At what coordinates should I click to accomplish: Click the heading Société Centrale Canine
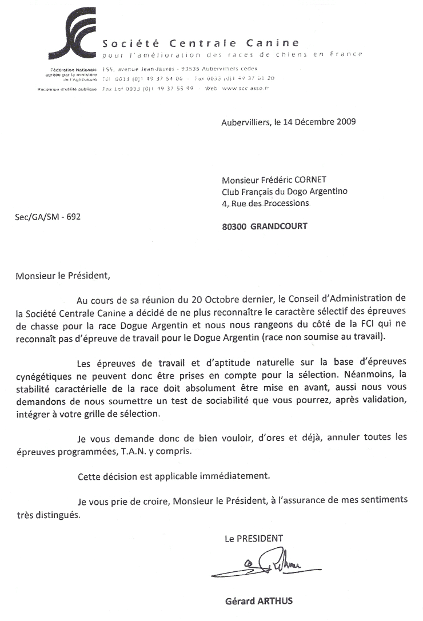pos(200,43)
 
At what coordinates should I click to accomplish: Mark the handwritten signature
pos(257,563)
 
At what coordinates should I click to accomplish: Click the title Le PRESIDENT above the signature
pos(253,538)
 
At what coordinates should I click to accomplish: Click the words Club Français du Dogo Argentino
pos(284,192)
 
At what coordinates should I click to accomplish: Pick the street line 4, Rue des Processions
pos(265,203)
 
